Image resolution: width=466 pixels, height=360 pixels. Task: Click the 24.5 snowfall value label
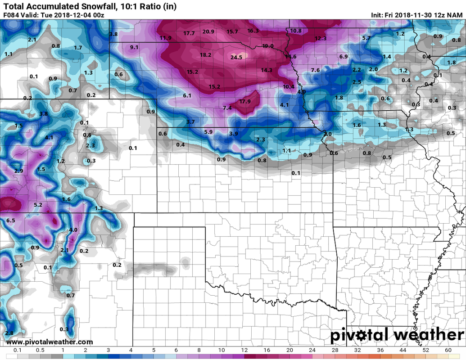tap(236, 57)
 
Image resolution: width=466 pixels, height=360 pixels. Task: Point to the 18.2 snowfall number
tap(205, 55)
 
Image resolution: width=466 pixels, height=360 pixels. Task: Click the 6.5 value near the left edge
tap(11, 220)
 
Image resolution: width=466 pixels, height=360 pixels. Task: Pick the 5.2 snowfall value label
tap(38, 205)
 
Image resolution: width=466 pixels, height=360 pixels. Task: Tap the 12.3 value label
tap(321, 39)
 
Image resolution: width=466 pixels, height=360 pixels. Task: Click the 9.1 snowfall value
tap(134, 47)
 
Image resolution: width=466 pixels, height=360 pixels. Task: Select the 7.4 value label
tap(227, 108)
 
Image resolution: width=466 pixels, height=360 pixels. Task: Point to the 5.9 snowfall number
tap(208, 132)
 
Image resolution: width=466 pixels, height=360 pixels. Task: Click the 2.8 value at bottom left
tap(9, 333)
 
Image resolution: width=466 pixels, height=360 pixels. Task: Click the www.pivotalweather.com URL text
tap(50, 342)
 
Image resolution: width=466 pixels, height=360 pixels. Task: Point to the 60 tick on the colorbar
tap(448, 351)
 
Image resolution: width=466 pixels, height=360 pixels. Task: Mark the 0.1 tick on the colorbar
tap(18, 351)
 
